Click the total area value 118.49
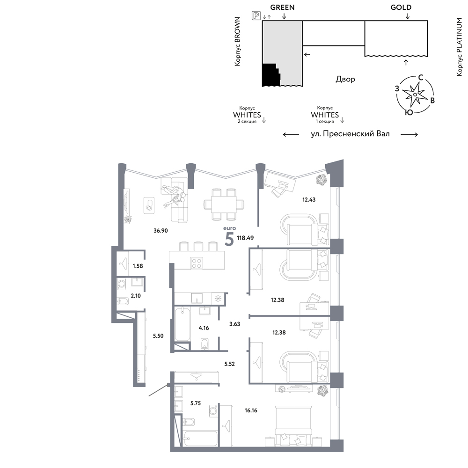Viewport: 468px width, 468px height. coord(245,238)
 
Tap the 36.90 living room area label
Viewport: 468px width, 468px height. coord(161,230)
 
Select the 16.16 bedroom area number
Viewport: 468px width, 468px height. coord(251,410)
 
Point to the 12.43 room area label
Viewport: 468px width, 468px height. coord(308,199)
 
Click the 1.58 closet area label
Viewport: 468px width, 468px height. coord(138,266)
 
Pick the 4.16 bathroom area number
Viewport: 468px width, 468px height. coord(204,328)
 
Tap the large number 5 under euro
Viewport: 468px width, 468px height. coord(229,239)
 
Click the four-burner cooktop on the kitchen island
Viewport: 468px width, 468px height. coord(197,263)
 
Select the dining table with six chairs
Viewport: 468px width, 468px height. coord(224,204)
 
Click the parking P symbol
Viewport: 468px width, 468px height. coord(256,15)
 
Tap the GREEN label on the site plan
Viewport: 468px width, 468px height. coord(282,7)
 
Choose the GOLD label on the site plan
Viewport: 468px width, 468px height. coord(401,7)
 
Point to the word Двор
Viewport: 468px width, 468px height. coord(345,79)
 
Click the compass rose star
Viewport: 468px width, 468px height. coord(415,95)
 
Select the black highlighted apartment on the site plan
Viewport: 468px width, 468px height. coord(271,75)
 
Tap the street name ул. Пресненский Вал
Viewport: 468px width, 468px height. coord(350,134)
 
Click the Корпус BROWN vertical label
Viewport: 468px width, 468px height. coord(237,41)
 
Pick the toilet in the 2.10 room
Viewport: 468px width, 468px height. coord(123,301)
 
